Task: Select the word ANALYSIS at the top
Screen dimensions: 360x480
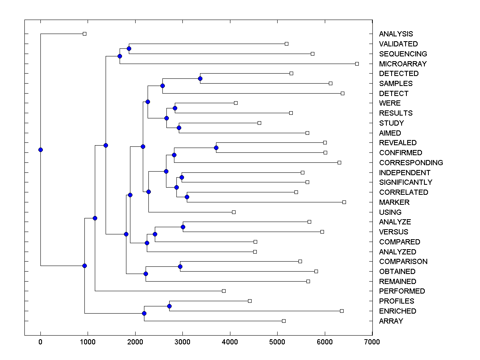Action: coord(396,34)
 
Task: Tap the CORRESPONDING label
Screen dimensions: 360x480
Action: coord(411,163)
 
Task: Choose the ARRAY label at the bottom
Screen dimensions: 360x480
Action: coord(391,321)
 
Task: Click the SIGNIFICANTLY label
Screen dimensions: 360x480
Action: coord(406,182)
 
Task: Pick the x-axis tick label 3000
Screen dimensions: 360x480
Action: coord(182,342)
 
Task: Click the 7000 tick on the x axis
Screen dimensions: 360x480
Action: coord(372,342)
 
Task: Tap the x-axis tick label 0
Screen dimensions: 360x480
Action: coord(40,342)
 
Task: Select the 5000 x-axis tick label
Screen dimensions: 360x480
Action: coord(277,342)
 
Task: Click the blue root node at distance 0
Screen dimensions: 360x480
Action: coord(40,150)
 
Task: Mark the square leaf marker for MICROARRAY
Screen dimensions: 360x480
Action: coord(357,64)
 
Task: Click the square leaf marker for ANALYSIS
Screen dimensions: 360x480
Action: coord(84,34)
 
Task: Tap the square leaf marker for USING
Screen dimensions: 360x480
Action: coord(234,212)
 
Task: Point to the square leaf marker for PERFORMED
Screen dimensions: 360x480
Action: coord(224,291)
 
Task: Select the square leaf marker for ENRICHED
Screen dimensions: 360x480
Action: coord(342,311)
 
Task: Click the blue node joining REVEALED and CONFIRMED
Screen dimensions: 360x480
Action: coord(216,148)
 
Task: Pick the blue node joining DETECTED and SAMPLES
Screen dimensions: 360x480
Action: coord(200,78)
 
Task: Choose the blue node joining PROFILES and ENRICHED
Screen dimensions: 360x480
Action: coord(169,306)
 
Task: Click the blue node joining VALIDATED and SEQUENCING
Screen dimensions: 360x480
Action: coord(129,48)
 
